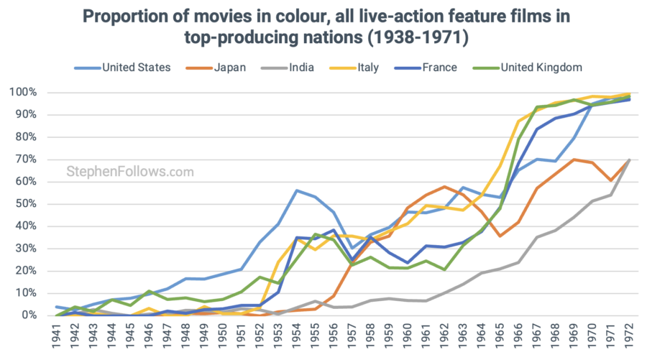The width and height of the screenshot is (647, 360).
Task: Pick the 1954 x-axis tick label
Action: tap(298, 337)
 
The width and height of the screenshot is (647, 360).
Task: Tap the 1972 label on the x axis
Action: tap(629, 337)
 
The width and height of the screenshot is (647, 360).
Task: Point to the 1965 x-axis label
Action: tap(500, 337)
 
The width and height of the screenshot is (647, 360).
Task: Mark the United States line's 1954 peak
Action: tap(298, 190)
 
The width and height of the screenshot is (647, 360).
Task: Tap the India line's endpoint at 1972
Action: tap(629, 160)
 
